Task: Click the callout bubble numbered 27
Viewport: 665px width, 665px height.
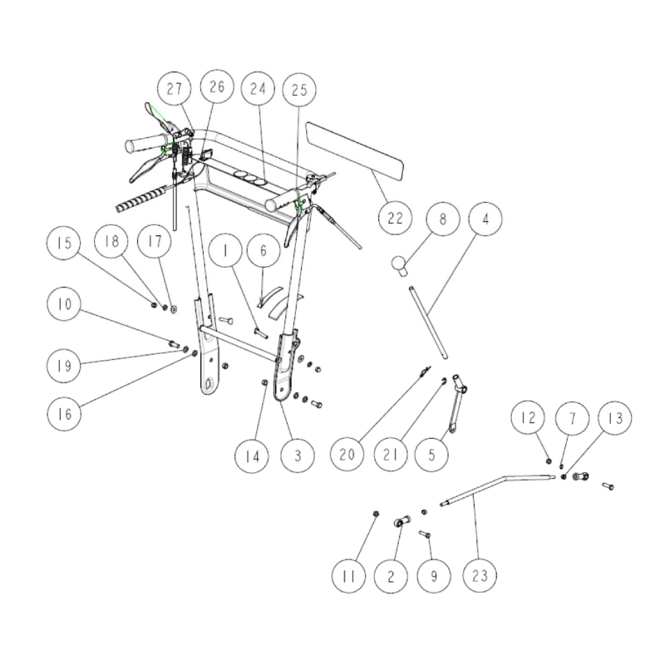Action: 174,89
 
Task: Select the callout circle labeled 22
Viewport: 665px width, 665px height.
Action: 395,218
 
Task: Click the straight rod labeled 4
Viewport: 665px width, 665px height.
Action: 428,323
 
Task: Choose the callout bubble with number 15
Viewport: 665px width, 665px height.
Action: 64,243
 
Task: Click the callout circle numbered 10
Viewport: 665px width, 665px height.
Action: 64,303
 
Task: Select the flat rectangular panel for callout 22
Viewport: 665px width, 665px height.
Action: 355,150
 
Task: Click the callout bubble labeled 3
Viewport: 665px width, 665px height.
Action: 298,456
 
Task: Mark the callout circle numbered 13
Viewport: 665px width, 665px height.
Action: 614,418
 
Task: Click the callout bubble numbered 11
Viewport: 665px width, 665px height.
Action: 348,576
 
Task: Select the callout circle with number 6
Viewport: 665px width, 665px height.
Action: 264,250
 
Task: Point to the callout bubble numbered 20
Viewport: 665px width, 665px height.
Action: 347,455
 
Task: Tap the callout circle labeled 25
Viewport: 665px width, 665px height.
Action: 299,90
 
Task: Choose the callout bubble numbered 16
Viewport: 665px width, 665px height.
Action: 64,414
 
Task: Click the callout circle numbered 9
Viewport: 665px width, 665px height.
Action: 433,576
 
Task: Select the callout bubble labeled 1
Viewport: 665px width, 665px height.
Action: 224,250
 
